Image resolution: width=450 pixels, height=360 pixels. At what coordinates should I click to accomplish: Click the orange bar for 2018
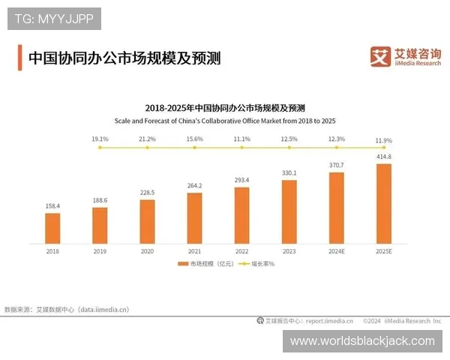[x=52, y=228]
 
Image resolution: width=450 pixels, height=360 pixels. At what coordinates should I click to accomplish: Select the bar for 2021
[x=195, y=217]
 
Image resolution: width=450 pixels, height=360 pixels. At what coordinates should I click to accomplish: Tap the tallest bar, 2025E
[x=383, y=203]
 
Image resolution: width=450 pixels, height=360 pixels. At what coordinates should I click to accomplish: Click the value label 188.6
[x=100, y=201]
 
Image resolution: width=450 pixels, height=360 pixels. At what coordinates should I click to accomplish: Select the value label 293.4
[x=241, y=181]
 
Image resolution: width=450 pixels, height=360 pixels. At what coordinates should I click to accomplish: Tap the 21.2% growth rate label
[x=147, y=139]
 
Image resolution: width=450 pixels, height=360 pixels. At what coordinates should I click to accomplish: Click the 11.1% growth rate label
[x=241, y=139]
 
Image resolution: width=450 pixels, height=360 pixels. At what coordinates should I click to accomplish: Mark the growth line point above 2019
[x=100, y=148]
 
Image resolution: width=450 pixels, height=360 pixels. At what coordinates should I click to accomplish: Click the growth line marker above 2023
[x=289, y=148]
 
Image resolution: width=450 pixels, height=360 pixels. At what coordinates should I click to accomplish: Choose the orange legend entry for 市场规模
[x=203, y=264]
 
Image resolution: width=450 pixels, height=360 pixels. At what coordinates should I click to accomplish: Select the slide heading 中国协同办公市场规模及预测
[x=124, y=58]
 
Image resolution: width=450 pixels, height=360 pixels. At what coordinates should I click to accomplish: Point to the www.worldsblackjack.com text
[x=362, y=340]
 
